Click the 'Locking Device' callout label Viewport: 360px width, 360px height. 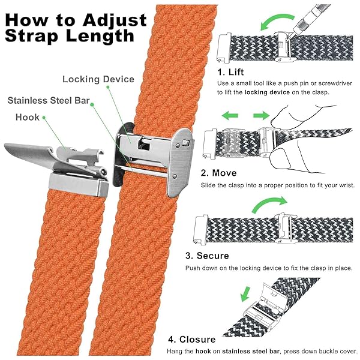98,79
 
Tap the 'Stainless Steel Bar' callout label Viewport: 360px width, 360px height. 49,101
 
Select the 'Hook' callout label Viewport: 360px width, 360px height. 28,118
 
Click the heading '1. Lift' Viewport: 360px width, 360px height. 230,72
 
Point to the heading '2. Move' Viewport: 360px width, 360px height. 218,173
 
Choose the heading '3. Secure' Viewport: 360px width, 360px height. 207,256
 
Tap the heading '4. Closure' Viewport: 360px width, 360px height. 192,340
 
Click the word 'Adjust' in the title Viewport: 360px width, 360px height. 115,21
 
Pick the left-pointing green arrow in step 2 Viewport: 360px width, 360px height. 230,115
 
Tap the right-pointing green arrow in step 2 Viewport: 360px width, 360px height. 261,115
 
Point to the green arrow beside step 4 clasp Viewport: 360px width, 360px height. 245,294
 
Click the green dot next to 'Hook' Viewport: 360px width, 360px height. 44,118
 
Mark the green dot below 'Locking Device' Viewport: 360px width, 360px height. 107,87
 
